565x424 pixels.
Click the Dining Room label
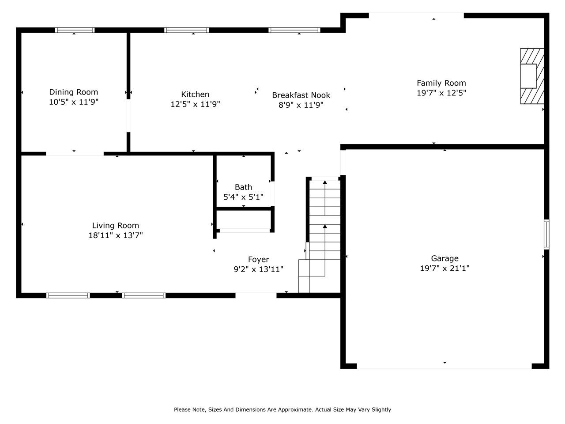pos(74,92)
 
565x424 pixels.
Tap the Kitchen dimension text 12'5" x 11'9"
pos(195,104)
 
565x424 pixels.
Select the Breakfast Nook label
pos(301,95)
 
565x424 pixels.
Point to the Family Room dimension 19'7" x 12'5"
pos(441,93)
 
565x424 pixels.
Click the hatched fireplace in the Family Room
pos(532,76)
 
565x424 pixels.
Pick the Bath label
pos(243,187)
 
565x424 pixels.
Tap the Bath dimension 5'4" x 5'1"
pos(243,197)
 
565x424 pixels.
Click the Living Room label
pos(115,226)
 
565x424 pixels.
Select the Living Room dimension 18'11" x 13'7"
pos(115,235)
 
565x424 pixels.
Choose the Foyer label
pos(258,260)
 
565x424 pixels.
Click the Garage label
pos(444,258)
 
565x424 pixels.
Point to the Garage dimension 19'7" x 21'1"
pos(444,268)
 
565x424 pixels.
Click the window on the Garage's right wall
pos(546,234)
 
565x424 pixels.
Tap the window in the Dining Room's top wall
pos(75,30)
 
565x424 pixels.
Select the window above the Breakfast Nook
pos(294,30)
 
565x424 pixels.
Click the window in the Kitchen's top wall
pos(187,30)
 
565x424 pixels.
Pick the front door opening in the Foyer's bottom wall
pos(256,295)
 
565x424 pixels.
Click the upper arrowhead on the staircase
pos(325,182)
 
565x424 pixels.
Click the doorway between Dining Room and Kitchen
pos(128,116)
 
